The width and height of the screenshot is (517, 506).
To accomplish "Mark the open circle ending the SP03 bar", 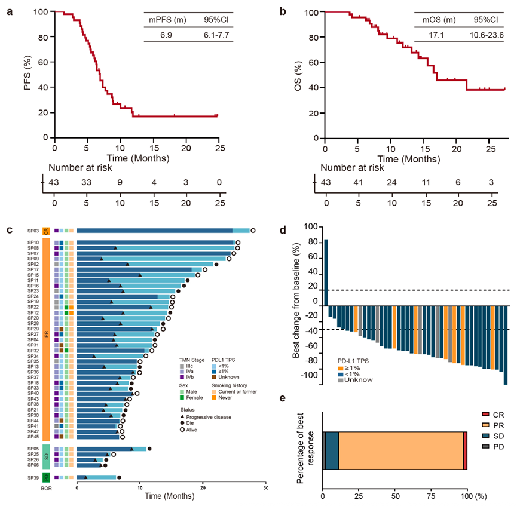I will coord(253,231).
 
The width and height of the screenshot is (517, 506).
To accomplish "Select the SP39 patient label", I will coord(33,477).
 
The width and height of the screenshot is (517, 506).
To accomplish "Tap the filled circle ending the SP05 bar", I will coord(149,449).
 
